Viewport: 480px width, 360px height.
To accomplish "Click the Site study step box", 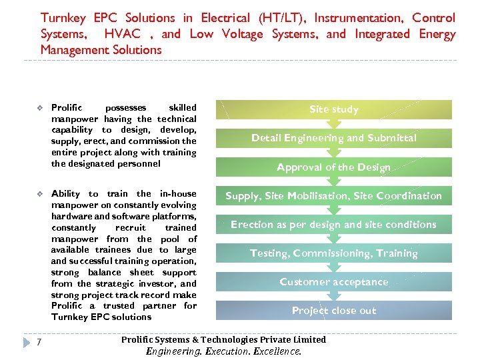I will point(333,109).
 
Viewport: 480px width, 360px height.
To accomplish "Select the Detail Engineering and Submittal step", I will point(333,138).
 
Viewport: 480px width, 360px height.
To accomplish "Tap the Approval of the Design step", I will point(333,167).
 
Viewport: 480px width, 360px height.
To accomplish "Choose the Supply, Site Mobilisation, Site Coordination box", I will point(333,196).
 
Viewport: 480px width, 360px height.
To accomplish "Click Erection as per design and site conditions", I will point(333,225).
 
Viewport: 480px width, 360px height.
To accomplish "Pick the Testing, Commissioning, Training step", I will point(333,253).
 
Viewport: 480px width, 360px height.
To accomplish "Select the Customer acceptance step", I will point(333,282).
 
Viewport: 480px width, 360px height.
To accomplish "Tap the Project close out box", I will point(333,311).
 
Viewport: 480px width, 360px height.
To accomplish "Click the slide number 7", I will point(40,343).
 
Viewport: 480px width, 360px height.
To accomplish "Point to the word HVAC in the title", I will point(123,34).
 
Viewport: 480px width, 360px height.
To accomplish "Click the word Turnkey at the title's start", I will point(63,18).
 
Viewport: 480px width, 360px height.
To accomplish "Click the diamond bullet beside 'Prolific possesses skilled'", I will point(40,108).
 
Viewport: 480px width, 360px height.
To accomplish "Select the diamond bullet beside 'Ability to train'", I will point(40,194).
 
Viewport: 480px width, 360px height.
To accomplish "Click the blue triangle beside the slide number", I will point(27,343).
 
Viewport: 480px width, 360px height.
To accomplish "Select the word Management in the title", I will point(74,50).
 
